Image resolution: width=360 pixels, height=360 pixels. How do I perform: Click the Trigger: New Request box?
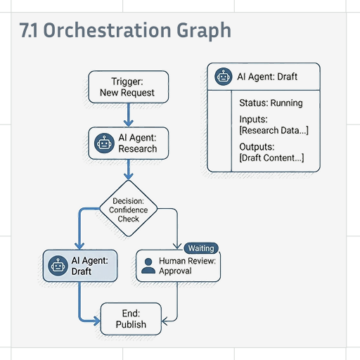point(129,87)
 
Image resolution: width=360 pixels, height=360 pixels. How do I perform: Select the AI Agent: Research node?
point(129,143)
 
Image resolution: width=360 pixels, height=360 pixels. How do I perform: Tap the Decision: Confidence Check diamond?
point(129,208)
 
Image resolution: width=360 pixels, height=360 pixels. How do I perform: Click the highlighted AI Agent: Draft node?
point(80,266)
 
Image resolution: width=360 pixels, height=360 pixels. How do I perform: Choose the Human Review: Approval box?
point(178,266)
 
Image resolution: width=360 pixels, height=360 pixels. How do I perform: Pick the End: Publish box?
point(131,319)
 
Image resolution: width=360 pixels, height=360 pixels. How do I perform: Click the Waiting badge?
point(201,248)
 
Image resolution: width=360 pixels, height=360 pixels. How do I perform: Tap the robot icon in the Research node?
point(104,143)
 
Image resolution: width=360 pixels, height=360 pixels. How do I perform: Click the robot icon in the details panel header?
point(224,77)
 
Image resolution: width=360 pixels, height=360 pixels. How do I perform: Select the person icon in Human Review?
point(148,266)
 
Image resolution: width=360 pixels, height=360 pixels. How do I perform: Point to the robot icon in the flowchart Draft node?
point(58,266)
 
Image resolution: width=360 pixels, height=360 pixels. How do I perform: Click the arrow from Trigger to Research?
point(129,115)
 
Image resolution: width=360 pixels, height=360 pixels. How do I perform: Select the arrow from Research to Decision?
point(129,169)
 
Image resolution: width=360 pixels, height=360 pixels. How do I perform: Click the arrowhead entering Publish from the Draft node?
point(97,321)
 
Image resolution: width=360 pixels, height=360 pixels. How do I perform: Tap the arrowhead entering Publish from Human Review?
point(165,321)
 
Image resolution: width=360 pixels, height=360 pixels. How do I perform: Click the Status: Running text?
point(271,103)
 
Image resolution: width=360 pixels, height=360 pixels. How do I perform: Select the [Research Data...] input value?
point(274,131)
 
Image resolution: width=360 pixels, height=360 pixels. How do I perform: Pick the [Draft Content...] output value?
point(271,158)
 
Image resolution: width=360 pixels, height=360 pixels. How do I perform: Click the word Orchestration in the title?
point(108,30)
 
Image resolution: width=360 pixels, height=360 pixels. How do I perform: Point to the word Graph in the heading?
point(204,31)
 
